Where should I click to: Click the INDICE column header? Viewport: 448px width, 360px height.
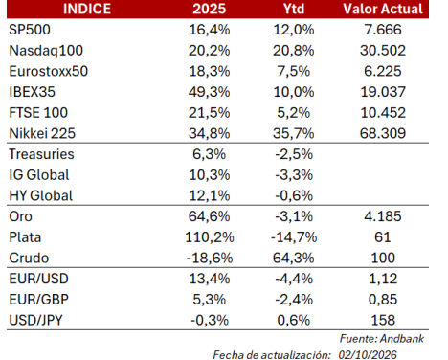87,9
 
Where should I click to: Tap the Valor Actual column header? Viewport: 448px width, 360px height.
383,9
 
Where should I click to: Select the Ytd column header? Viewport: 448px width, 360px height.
294,9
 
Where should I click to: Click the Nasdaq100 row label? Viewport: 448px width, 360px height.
46,51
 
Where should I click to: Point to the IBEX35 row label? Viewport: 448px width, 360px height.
32,92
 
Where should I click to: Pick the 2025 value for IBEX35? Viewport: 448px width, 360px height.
210,92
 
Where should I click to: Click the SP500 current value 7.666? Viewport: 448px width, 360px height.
383,30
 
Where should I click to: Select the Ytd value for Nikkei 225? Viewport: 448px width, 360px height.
294,133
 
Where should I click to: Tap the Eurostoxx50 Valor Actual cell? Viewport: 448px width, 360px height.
383,71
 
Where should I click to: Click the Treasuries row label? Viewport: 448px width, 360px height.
41,154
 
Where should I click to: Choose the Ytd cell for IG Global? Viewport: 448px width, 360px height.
294,175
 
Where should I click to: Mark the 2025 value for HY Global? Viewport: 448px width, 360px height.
210,195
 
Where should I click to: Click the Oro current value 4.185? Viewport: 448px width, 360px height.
383,216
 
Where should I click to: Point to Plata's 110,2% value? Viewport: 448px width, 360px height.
210,237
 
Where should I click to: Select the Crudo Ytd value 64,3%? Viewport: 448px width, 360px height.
294,258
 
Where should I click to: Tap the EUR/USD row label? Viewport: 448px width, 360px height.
38,279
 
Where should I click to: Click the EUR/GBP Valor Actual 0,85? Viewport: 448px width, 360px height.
383,300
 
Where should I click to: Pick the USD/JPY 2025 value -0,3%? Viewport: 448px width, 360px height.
210,320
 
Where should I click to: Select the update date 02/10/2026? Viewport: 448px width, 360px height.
368,355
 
